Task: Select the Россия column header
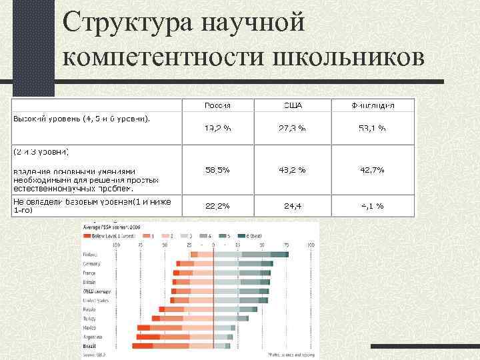pos(217,105)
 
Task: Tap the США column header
pos(292,105)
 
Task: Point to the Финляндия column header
pos(373,105)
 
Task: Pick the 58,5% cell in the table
pos(217,170)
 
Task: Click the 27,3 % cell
pos(292,128)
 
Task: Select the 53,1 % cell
pos(373,128)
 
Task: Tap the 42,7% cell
pos(373,170)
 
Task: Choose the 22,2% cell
pos(217,206)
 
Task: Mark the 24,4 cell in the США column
pos(292,206)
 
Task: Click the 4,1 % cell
pos(373,206)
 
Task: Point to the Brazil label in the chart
pos(89,347)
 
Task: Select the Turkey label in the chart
pos(89,319)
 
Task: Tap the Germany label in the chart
pos(91,263)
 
